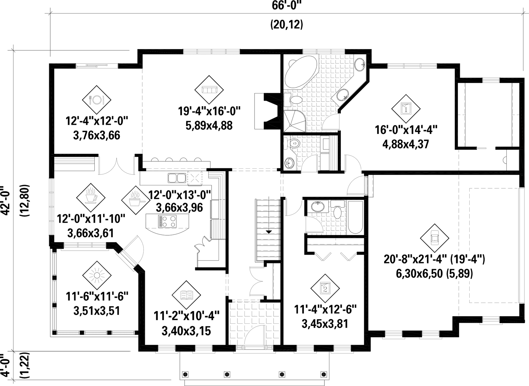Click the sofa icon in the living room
tap(209, 89)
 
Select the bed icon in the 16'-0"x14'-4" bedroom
tap(406, 109)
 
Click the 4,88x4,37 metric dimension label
tap(406, 144)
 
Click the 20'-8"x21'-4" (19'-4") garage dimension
tap(434, 259)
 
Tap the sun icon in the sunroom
tap(97, 275)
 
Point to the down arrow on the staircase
tap(269, 232)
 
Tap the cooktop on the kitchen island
tap(167, 221)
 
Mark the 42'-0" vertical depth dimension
tap(6, 201)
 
